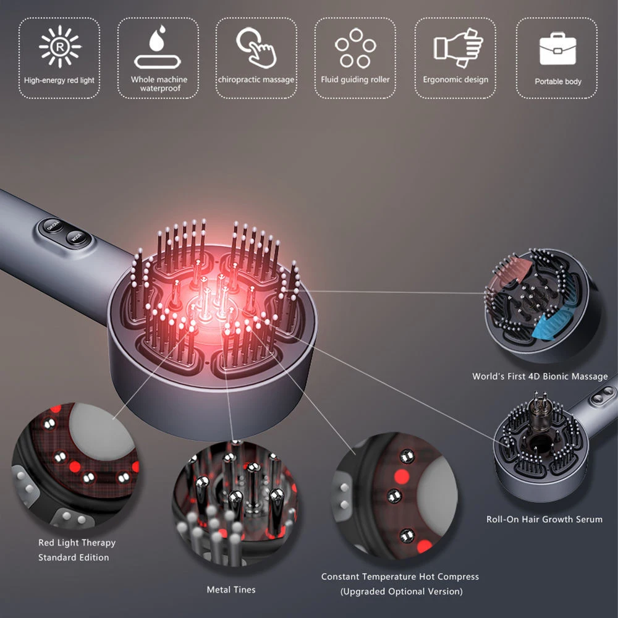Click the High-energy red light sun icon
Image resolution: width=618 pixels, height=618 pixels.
tap(60, 47)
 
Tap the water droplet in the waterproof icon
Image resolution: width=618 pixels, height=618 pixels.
tap(157, 38)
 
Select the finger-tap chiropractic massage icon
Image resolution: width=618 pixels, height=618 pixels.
tap(256, 48)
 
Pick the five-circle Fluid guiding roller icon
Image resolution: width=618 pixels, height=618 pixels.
tap(355, 48)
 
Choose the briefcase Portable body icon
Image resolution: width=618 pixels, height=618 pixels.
tap(557, 49)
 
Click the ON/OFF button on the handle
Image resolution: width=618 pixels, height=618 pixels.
tap(53, 226)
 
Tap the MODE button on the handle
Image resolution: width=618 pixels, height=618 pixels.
tap(77, 237)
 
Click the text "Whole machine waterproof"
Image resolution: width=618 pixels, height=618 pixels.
tap(159, 84)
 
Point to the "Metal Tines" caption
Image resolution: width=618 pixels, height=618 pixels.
tap(231, 590)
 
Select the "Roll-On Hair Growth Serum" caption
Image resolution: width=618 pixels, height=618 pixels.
tap(544, 520)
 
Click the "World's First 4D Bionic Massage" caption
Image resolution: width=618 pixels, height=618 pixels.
tap(540, 376)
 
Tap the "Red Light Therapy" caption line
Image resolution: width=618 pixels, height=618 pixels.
tap(77, 543)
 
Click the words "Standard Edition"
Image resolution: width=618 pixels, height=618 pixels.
tap(74, 557)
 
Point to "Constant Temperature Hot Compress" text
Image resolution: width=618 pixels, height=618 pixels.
tap(400, 577)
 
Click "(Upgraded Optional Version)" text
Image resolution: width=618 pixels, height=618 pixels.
tap(401, 591)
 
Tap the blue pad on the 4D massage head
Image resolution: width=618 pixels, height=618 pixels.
tap(553, 323)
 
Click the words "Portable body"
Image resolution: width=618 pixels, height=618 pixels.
tap(557, 82)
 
